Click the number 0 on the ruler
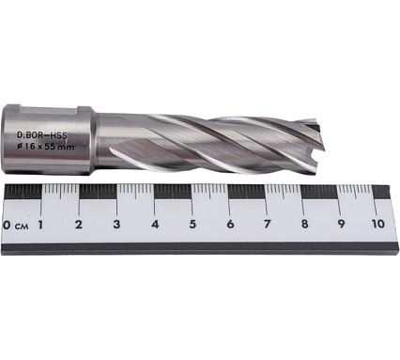pos(8,226)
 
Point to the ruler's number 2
pos(79,226)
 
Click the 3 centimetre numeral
pos(116,226)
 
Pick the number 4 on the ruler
pos(154,226)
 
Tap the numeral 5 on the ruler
pos(192,226)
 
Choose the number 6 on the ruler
pos(229,226)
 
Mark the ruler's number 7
pos(267,226)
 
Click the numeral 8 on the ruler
pos(304,226)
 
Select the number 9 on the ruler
pos(341,226)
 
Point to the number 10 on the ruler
pos(377,226)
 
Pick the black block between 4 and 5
pos(172,191)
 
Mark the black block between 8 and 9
pos(322,191)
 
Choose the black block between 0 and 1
pos(23,191)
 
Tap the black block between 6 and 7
pos(247,191)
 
